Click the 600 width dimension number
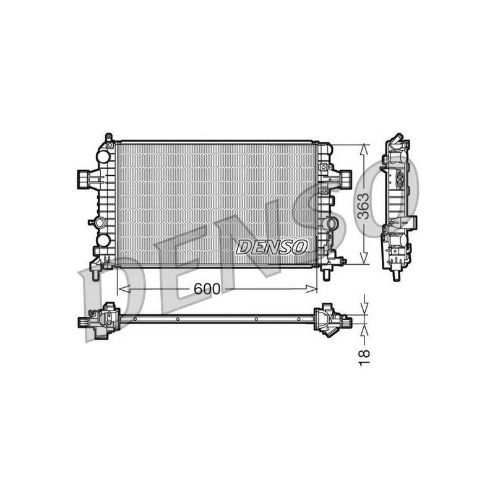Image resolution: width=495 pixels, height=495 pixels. point(207,288)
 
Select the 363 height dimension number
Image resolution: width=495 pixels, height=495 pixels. point(364,206)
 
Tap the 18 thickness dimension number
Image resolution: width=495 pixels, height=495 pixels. point(364,358)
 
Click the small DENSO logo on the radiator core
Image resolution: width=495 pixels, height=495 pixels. point(272,247)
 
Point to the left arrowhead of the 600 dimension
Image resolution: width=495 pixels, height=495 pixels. point(124,288)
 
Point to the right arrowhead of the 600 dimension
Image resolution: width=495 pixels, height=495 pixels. point(311,288)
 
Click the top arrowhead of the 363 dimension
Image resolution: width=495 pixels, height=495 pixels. point(364,149)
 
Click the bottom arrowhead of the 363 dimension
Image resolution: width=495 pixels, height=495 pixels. point(364,257)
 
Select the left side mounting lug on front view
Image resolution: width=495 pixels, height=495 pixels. point(84,179)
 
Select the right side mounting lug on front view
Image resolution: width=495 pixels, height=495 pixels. point(346,179)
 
